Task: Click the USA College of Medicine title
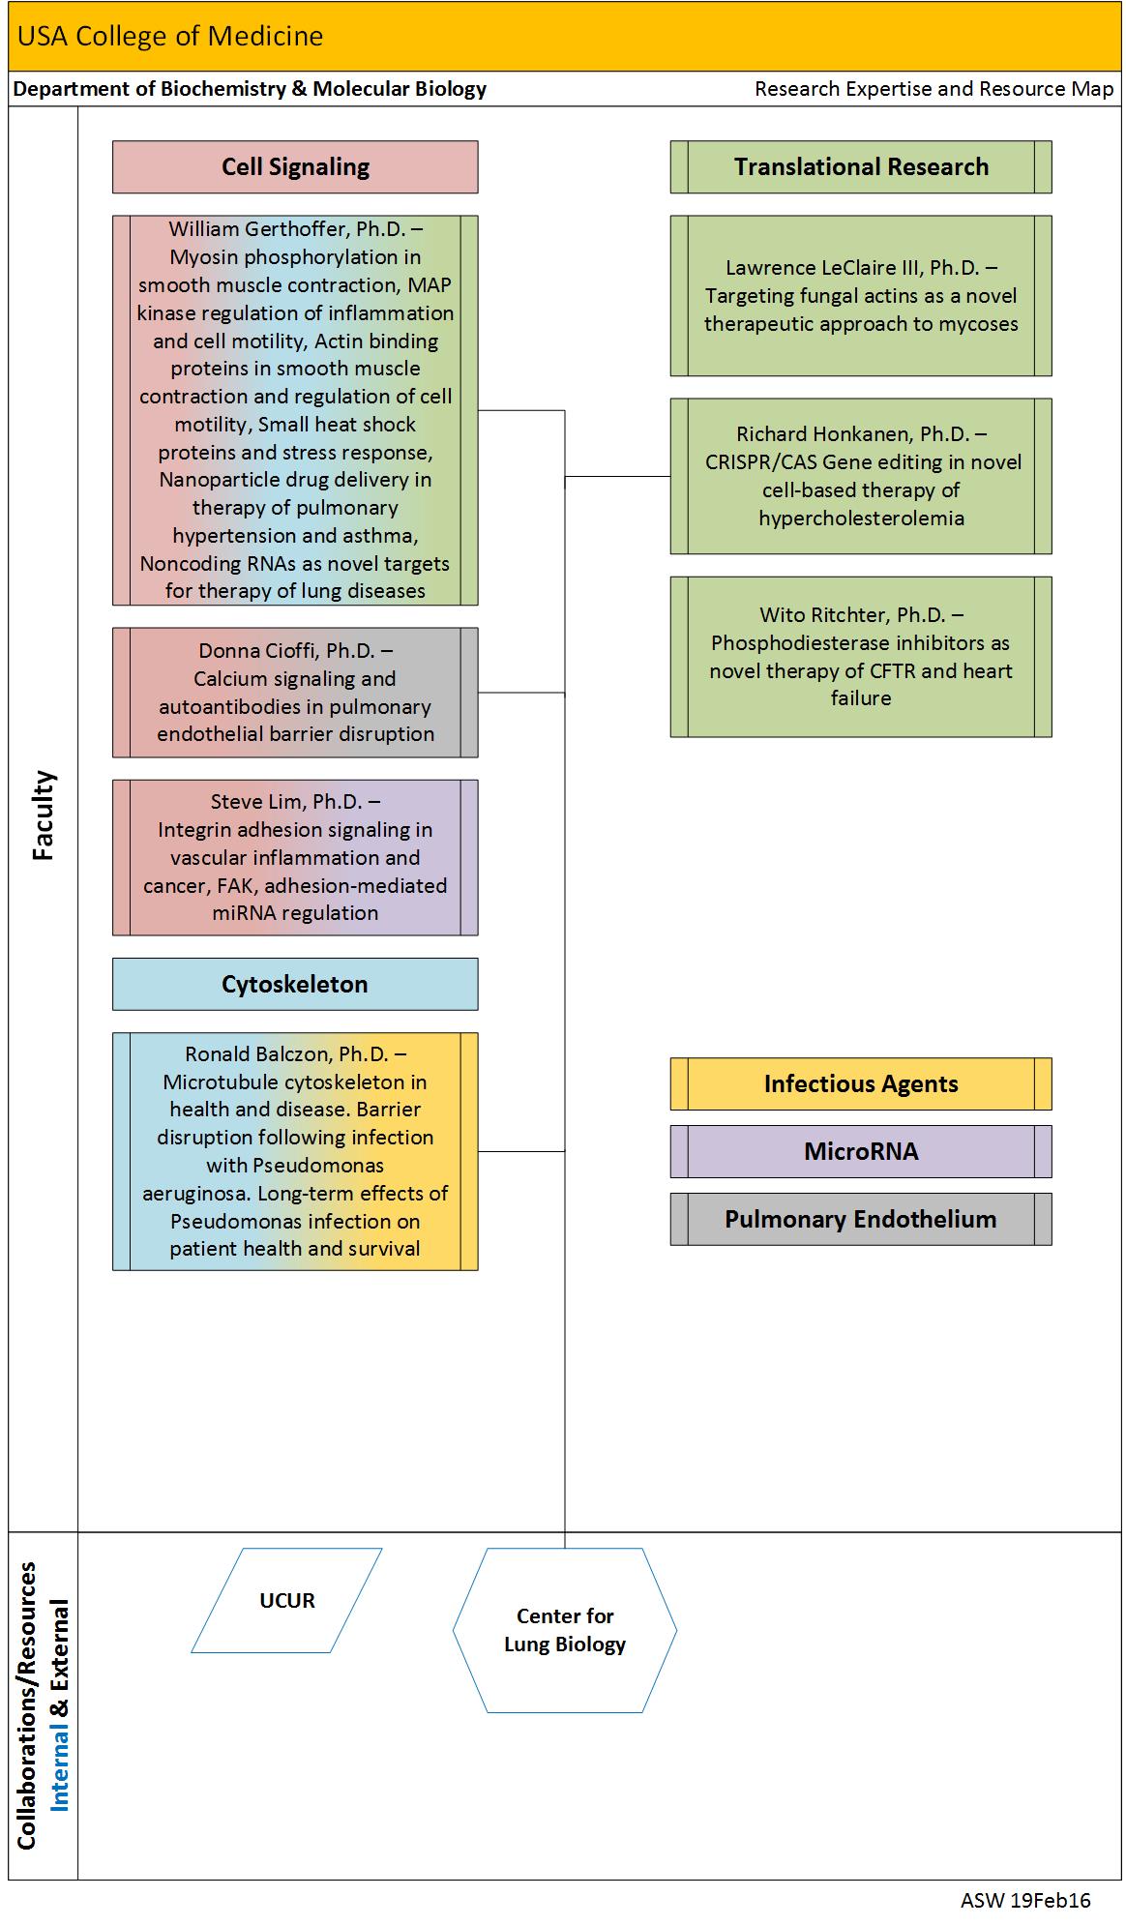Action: pyautogui.click(x=170, y=36)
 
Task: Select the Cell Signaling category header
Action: pyautogui.click(x=295, y=166)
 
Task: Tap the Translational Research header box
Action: pyautogui.click(x=861, y=166)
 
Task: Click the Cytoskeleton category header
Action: pyautogui.click(x=295, y=984)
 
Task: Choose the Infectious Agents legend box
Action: pyautogui.click(x=861, y=1083)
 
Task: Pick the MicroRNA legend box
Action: pyautogui.click(x=861, y=1151)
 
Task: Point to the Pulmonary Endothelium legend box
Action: pyautogui.click(x=861, y=1219)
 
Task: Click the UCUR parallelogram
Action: pyautogui.click(x=287, y=1600)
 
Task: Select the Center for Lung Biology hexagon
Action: pyautogui.click(x=565, y=1630)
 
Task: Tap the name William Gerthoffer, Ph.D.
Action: pyautogui.click(x=287, y=229)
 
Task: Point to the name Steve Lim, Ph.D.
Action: pyautogui.click(x=286, y=801)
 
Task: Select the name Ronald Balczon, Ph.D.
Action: pyautogui.click(x=287, y=1053)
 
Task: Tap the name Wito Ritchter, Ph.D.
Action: pyautogui.click(x=852, y=614)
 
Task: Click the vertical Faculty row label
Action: pyautogui.click(x=44, y=815)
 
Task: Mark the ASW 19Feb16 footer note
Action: pyautogui.click(x=1025, y=1900)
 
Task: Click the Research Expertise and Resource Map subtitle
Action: pyautogui.click(x=934, y=89)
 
